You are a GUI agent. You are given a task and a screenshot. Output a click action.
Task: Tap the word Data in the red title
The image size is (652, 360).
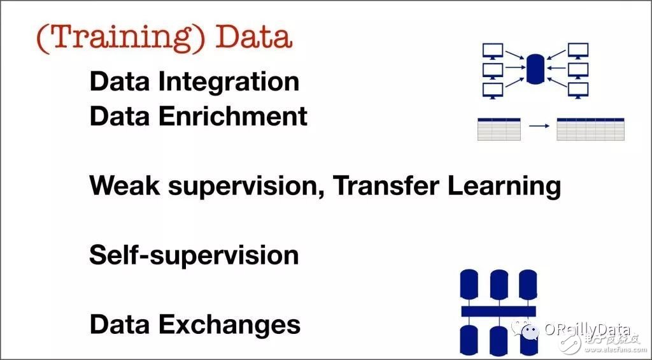(x=253, y=37)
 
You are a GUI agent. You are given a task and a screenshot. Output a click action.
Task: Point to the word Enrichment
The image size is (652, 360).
(x=233, y=117)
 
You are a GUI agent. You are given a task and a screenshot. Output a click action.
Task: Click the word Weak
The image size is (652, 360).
(x=125, y=185)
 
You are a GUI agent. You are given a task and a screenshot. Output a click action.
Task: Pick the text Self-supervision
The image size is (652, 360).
(x=194, y=255)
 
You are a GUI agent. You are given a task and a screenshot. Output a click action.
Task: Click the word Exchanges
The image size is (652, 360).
(x=229, y=324)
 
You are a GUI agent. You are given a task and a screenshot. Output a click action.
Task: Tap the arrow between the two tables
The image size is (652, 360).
(x=539, y=126)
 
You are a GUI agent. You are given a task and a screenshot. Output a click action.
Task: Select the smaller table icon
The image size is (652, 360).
(x=499, y=129)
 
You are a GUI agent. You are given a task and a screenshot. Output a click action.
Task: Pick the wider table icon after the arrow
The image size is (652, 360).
(x=590, y=129)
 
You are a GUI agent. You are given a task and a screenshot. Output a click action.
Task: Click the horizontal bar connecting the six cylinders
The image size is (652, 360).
(x=499, y=312)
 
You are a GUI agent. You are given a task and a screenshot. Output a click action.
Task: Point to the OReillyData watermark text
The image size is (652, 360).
(x=587, y=330)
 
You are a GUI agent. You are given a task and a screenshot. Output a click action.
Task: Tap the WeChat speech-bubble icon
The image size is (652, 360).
(x=525, y=331)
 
